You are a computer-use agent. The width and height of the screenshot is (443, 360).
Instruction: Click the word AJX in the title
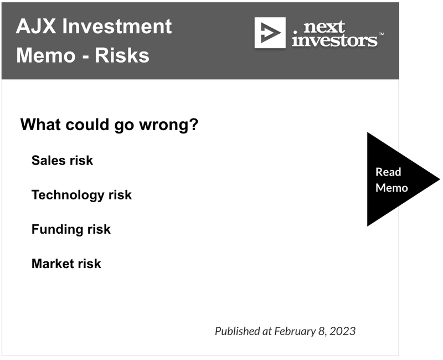(36, 26)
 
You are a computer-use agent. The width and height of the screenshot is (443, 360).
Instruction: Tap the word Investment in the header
(117, 26)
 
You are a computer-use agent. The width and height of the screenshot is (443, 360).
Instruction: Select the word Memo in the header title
(46, 55)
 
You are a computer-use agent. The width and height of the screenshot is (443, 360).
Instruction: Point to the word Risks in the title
(122, 55)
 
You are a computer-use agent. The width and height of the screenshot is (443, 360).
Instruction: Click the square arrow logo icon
(270, 33)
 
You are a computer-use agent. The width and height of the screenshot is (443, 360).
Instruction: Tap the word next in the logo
(324, 27)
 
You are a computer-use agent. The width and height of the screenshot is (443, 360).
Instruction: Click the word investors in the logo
(334, 40)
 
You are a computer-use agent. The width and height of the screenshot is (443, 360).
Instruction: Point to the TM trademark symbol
(381, 34)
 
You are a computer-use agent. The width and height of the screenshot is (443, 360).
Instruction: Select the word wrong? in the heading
(169, 125)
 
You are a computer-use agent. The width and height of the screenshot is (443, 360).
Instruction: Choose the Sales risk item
(62, 161)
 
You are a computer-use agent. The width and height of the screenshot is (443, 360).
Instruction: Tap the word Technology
(68, 196)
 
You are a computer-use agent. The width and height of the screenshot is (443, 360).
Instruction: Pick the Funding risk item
(71, 229)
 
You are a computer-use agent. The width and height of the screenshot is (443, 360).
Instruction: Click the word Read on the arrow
(388, 172)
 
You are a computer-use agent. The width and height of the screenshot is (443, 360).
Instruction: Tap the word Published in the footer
(238, 331)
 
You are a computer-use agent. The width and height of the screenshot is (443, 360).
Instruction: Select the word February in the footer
(295, 331)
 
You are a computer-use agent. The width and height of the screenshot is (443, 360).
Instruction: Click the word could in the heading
(87, 124)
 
